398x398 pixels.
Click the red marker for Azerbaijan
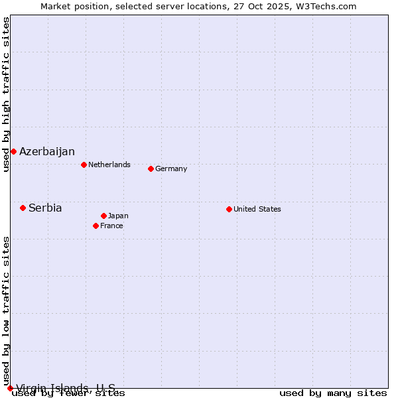(x=13, y=151)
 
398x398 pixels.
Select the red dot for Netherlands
(x=84, y=165)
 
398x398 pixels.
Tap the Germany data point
(x=151, y=168)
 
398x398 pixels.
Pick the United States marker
(x=229, y=209)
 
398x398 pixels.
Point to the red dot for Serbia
(x=23, y=208)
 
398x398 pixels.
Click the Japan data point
(x=103, y=216)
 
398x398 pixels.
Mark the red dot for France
(x=96, y=226)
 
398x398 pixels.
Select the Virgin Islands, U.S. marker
(x=10, y=388)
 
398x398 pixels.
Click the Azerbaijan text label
(x=47, y=152)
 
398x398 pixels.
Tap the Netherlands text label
(x=109, y=165)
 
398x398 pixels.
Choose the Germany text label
(x=171, y=168)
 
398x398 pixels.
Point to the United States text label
(x=257, y=209)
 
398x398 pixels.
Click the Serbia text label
(x=45, y=208)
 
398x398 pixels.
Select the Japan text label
(x=118, y=216)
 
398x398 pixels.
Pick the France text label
(x=111, y=226)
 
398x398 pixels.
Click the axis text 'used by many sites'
(x=333, y=393)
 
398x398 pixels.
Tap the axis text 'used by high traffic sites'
(x=6, y=95)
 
